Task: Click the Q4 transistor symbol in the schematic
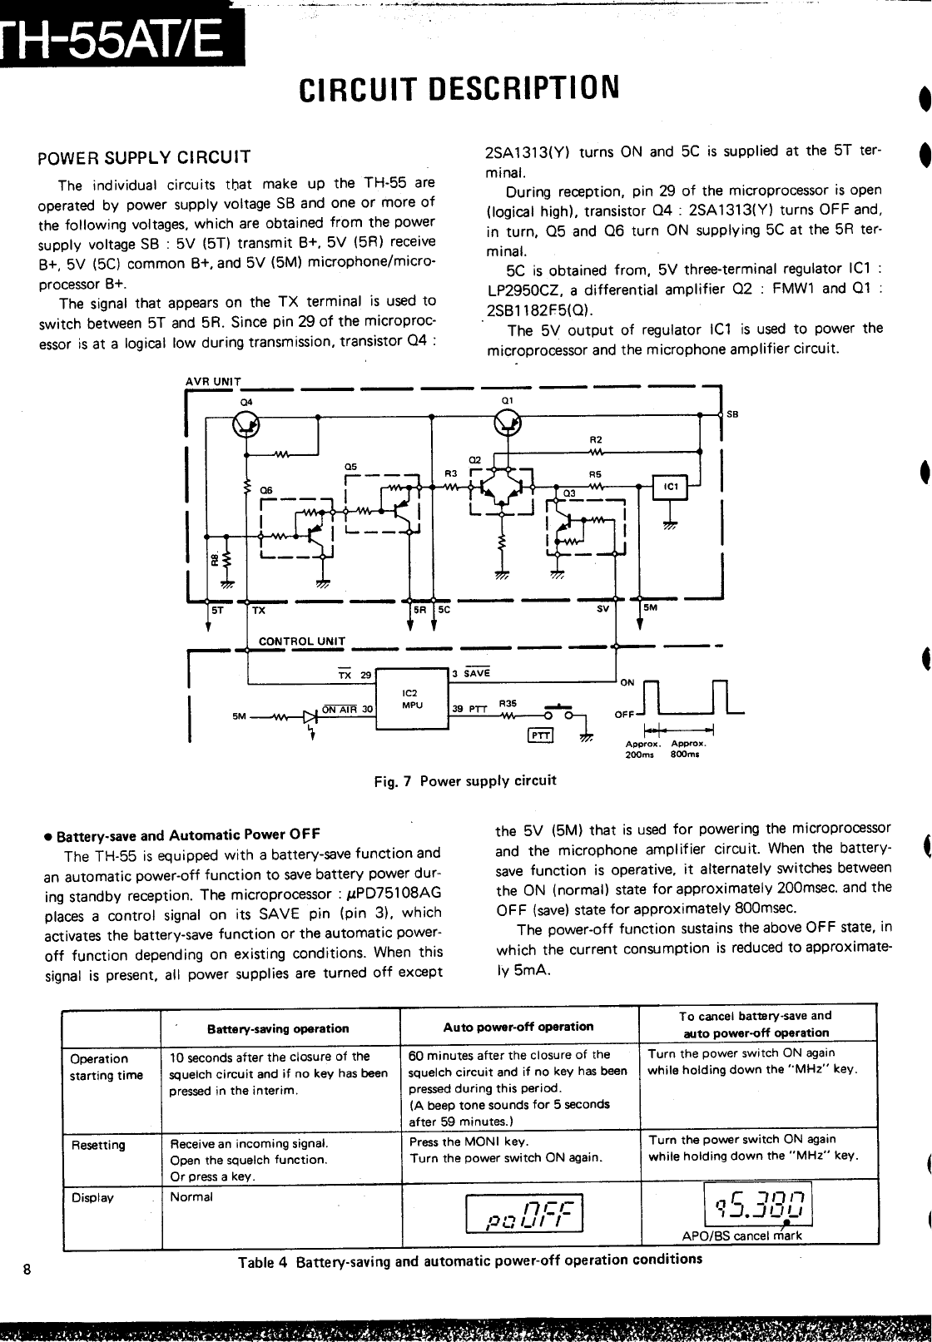click(x=246, y=425)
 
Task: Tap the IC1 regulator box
click(x=670, y=488)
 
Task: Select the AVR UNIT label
click(x=212, y=382)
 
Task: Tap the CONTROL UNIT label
click(x=302, y=641)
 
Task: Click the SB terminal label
click(x=732, y=413)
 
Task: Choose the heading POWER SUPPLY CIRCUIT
click(x=144, y=156)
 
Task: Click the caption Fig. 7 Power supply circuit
click(x=465, y=780)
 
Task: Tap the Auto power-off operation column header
click(x=518, y=1027)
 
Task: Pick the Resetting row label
click(x=98, y=1145)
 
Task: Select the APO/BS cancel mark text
click(x=742, y=1236)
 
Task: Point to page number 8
click(x=27, y=1270)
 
